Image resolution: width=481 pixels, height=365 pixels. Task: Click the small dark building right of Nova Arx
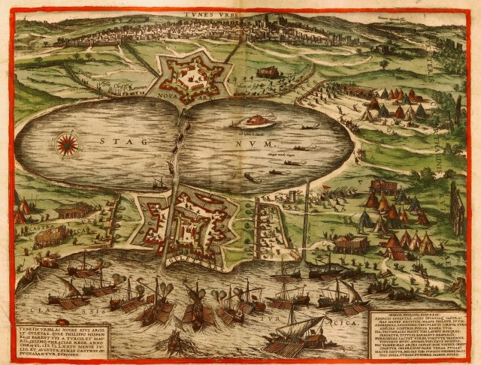(x=268, y=73)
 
